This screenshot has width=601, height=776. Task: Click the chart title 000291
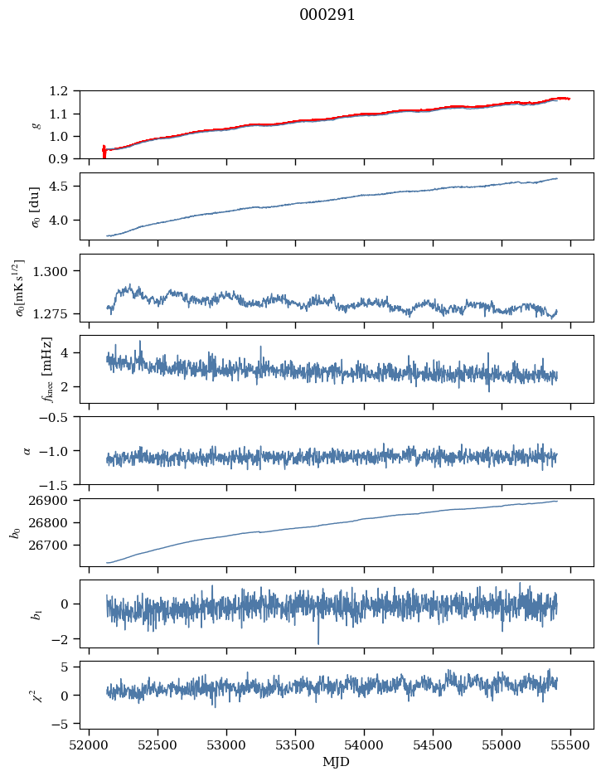click(327, 15)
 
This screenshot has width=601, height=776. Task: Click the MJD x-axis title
click(337, 762)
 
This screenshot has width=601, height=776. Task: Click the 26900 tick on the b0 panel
click(55, 501)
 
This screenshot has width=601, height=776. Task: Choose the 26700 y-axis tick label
click(55, 546)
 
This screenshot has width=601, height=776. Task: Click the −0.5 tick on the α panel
click(58, 417)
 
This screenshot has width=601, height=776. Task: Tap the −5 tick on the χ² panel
click(64, 724)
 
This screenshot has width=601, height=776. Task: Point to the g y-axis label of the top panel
click(36, 125)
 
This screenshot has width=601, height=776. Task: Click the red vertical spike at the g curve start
click(104, 152)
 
